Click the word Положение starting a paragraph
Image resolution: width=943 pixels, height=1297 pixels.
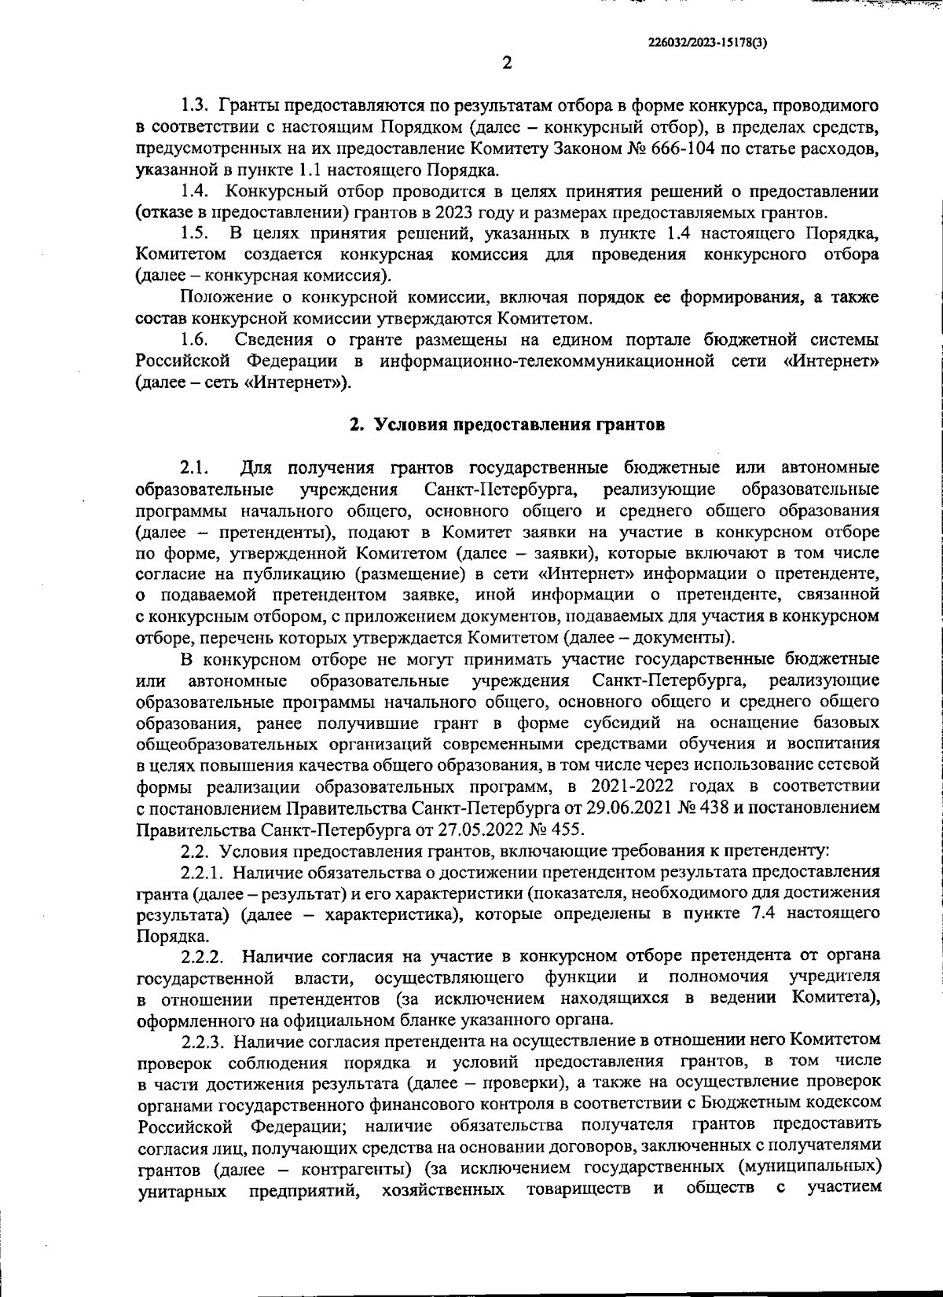pyautogui.click(x=222, y=297)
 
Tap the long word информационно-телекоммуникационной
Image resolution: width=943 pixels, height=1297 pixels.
pyautogui.click(x=547, y=361)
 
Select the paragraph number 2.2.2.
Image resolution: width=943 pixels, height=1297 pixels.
pyautogui.click(x=204, y=956)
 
